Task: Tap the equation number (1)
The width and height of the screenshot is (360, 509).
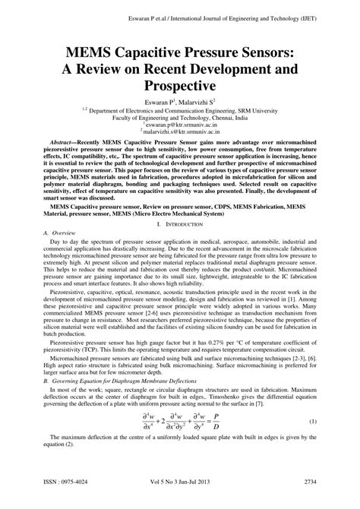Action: coord(313,442)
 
